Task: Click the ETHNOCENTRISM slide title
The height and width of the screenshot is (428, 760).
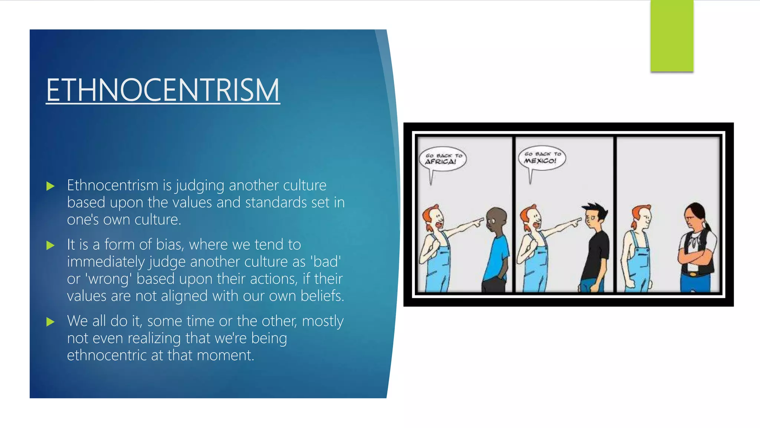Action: tap(163, 90)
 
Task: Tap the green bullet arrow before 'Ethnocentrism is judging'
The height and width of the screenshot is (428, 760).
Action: tap(50, 186)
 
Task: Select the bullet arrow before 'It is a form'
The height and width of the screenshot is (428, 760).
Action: tap(50, 245)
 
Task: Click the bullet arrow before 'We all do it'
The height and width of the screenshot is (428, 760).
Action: tap(50, 322)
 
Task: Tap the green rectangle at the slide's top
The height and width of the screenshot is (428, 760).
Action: tap(672, 36)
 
